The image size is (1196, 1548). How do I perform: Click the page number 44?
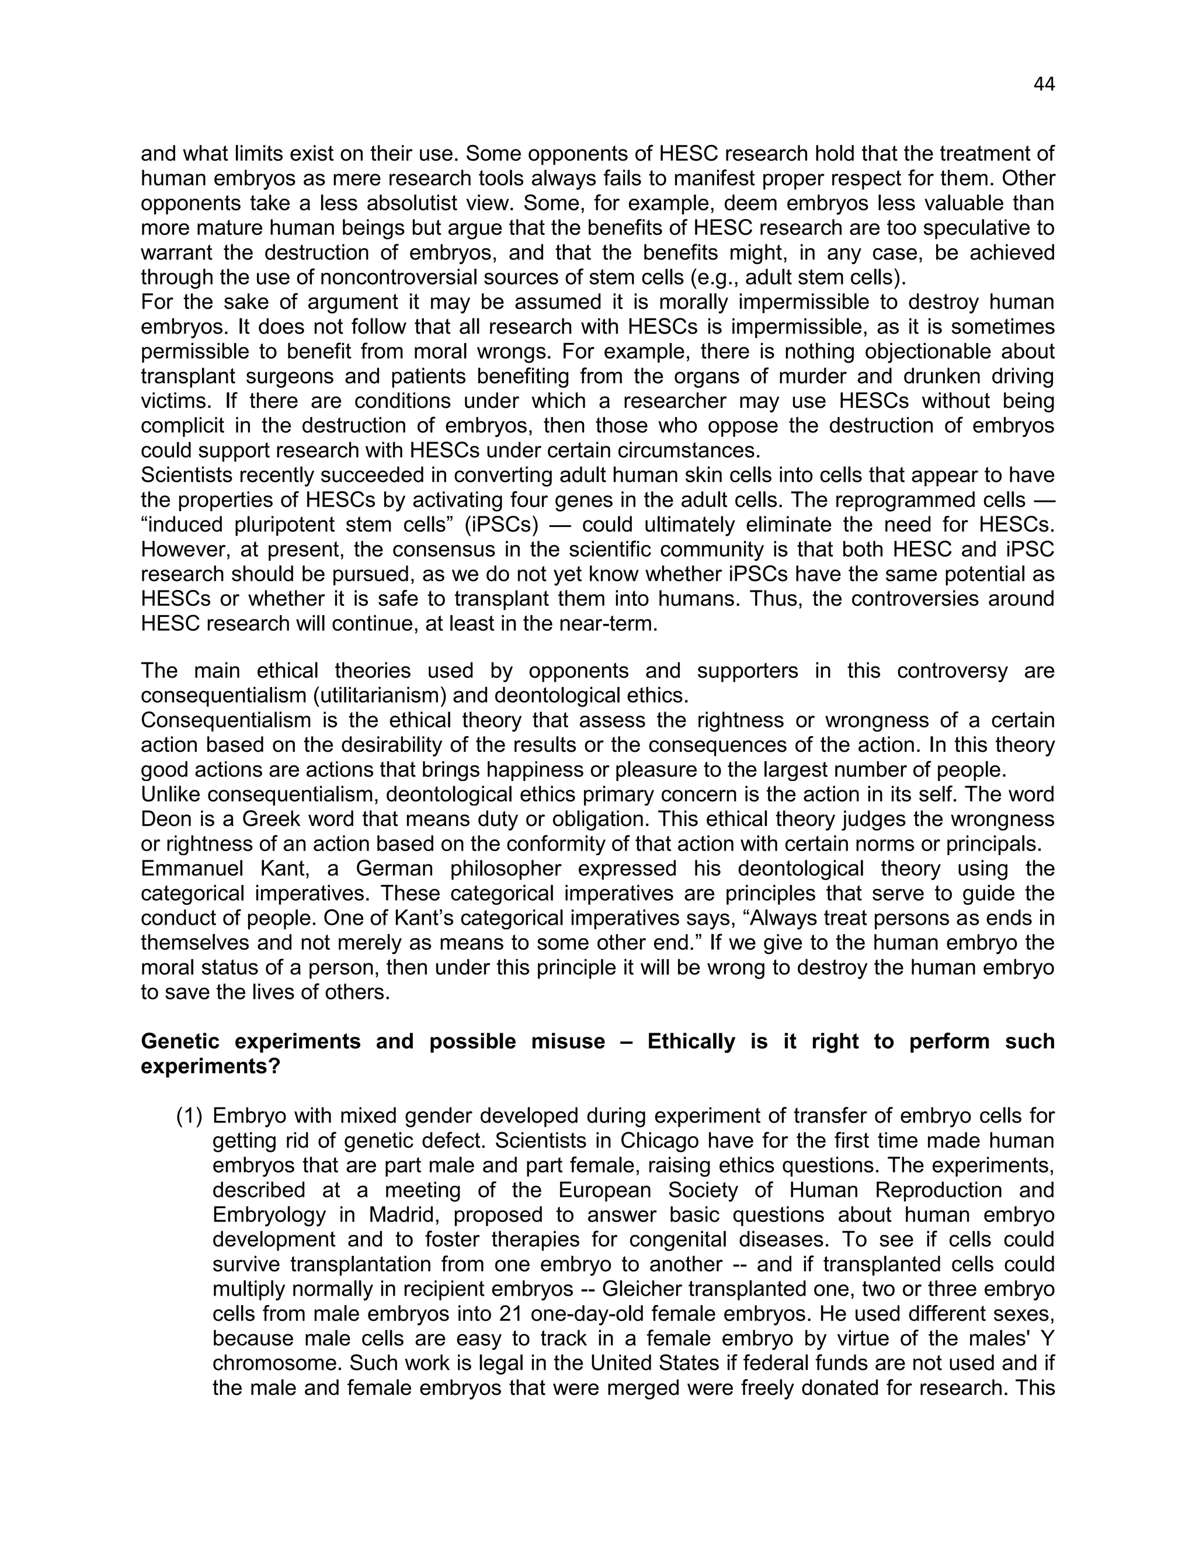1044,84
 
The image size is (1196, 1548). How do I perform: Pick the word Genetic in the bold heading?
180,1041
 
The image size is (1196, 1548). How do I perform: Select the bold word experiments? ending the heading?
210,1066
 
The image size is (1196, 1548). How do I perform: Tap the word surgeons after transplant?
294,376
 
